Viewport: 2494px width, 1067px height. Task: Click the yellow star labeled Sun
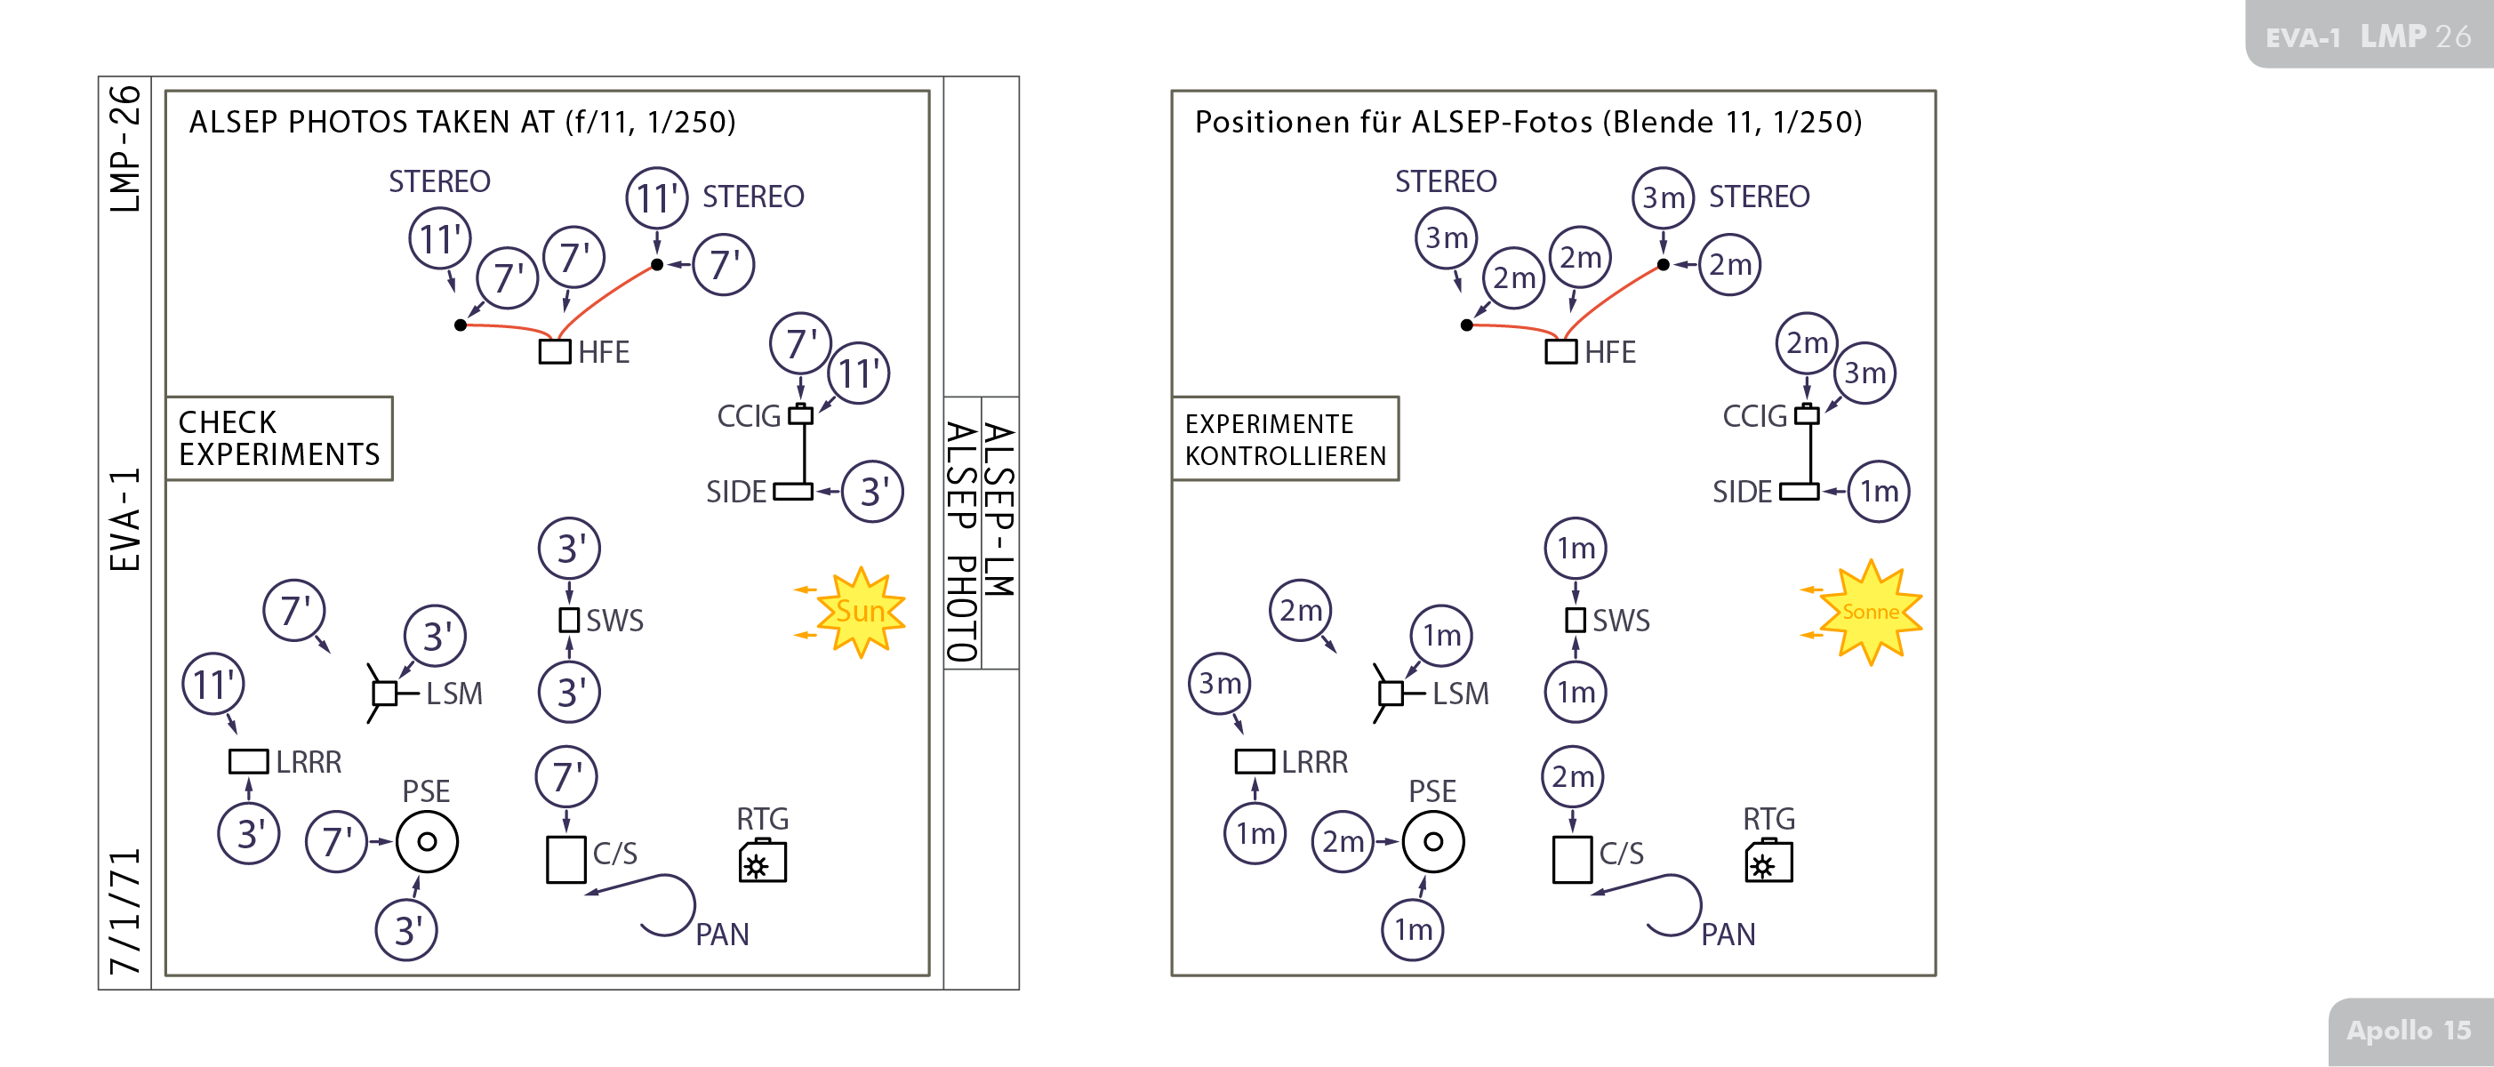pyautogui.click(x=860, y=612)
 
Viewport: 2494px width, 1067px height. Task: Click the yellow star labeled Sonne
pyautogui.click(x=1870, y=612)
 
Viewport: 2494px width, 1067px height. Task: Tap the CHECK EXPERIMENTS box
pyautogui.click(x=279, y=438)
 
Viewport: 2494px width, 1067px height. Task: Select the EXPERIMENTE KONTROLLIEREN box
pyautogui.click(x=1285, y=438)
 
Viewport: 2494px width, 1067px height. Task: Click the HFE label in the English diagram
pyautogui.click(x=603, y=352)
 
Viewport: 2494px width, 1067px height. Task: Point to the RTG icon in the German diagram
pyautogui.click(x=1768, y=862)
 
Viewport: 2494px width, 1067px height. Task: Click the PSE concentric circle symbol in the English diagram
pyautogui.click(x=427, y=841)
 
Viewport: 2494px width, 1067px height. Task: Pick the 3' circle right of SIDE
pyautogui.click(x=872, y=492)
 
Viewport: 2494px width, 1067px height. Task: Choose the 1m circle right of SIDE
pyautogui.click(x=1878, y=492)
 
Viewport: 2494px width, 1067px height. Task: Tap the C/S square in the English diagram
pyautogui.click(x=566, y=860)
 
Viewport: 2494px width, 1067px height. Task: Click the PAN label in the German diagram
pyautogui.click(x=1728, y=935)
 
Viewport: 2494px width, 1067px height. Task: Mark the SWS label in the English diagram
pyautogui.click(x=614, y=621)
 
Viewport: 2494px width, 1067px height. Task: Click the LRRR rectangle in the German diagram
pyautogui.click(x=1255, y=762)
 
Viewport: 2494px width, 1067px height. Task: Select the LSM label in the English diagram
pyautogui.click(x=454, y=694)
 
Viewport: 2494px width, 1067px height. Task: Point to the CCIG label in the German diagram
pyautogui.click(x=1754, y=416)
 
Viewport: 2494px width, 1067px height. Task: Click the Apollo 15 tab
pyautogui.click(x=2408, y=1031)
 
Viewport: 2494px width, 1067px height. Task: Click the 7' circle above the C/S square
pyautogui.click(x=566, y=776)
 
